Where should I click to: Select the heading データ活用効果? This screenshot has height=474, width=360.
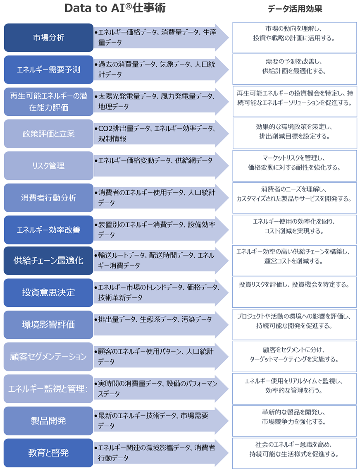coord(294,9)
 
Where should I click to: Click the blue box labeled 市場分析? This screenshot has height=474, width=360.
coord(49,38)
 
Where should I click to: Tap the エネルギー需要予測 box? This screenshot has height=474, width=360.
coord(49,69)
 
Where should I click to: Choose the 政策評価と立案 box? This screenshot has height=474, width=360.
coord(49,134)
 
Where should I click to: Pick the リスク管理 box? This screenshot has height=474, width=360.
coord(49,166)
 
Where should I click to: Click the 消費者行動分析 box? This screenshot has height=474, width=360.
coord(49,198)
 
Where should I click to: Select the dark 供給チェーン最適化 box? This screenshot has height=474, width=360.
coord(49,261)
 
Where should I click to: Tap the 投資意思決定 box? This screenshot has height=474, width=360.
coord(49,292)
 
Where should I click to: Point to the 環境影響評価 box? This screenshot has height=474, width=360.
coord(49,325)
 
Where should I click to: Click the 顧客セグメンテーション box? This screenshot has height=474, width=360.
coord(49,357)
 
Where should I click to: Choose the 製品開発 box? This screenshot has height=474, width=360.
coord(49,421)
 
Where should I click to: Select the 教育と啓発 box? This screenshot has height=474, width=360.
coord(49,452)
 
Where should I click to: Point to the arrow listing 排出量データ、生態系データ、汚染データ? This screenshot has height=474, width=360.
coord(155,320)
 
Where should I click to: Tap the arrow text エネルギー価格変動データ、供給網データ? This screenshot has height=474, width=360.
coord(155,161)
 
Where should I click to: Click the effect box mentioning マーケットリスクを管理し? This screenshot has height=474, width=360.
coord(294,165)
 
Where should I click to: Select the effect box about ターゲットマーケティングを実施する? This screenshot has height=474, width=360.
coord(294,356)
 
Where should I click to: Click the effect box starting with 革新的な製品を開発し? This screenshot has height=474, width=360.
coord(294,420)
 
